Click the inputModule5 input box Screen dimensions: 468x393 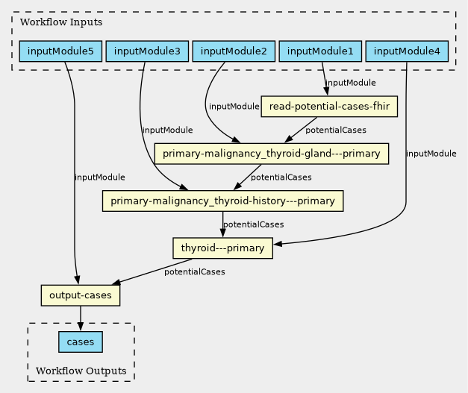click(x=60, y=51)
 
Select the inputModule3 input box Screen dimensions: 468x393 click(x=147, y=51)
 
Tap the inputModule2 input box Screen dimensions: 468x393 click(x=234, y=51)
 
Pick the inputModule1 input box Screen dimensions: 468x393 click(x=320, y=51)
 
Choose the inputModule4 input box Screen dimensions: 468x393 click(x=407, y=51)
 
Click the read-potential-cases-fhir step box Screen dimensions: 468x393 click(x=329, y=107)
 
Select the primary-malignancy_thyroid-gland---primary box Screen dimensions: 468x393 click(x=272, y=154)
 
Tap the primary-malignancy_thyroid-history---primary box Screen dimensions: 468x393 click(x=222, y=201)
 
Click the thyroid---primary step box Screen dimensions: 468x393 click(x=222, y=248)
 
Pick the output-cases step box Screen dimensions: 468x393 click(x=81, y=295)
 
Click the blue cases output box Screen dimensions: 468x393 click(x=81, y=342)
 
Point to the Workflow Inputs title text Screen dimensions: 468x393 click(x=61, y=22)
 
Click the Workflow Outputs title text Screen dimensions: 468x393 click(x=81, y=371)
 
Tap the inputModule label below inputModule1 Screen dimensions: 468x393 click(x=350, y=83)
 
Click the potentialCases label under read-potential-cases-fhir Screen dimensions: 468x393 click(x=336, y=131)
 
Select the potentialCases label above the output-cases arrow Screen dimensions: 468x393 click(x=195, y=272)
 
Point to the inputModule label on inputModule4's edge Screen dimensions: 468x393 click(x=431, y=154)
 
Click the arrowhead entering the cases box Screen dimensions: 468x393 click(x=81, y=327)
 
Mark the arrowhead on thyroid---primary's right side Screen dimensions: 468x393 click(x=278, y=244)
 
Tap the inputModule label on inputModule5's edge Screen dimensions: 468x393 click(x=100, y=177)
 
